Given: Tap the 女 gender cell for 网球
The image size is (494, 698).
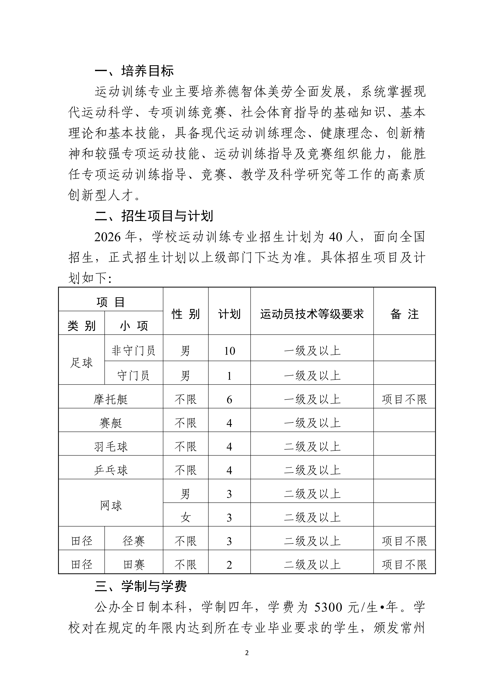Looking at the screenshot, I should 186,517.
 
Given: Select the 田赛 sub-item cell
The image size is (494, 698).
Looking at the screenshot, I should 134,565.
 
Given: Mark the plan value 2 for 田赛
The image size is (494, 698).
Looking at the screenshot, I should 229,565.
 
